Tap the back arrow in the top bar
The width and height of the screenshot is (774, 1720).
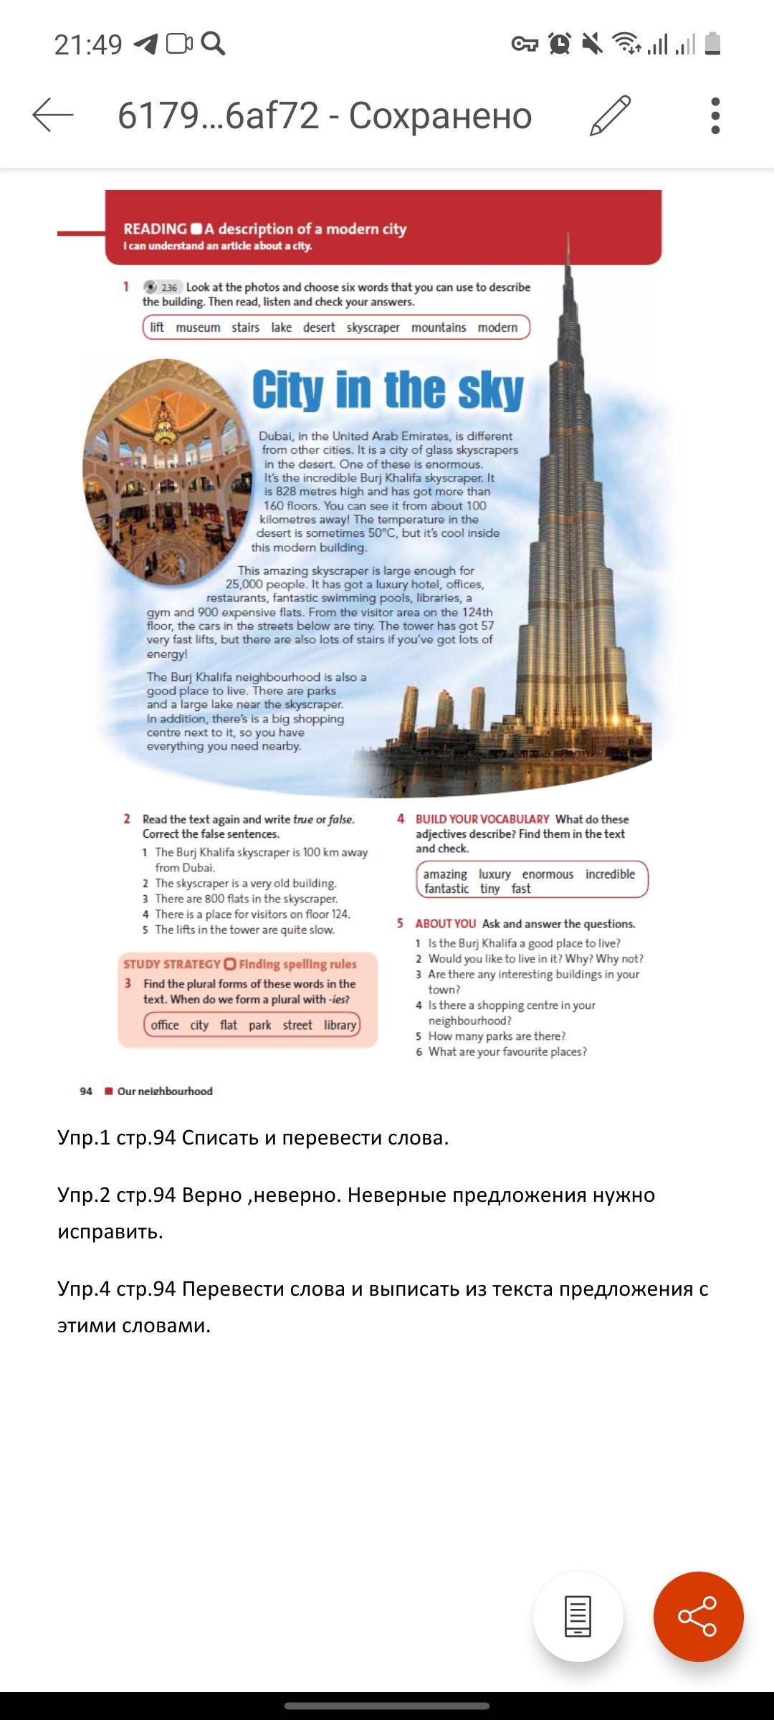click(53, 115)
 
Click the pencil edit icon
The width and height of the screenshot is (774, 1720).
click(610, 115)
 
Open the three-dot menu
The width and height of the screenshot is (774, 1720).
click(715, 115)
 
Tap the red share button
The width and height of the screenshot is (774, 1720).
click(698, 1616)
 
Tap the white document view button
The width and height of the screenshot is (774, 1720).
click(578, 1616)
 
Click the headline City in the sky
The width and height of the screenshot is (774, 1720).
click(388, 391)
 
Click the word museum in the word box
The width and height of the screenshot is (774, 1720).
click(198, 328)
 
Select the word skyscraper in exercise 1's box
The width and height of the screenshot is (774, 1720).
click(373, 328)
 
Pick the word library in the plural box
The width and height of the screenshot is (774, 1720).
click(340, 1025)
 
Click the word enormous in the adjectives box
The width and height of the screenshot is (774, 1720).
click(548, 874)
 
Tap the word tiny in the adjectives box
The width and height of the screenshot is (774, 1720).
click(490, 889)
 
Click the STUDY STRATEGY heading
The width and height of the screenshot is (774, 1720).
click(172, 965)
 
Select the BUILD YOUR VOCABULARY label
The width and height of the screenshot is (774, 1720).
click(482, 819)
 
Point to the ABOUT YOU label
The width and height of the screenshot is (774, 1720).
click(445, 924)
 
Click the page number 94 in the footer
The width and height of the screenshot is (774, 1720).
click(86, 1091)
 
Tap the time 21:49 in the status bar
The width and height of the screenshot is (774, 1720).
click(88, 44)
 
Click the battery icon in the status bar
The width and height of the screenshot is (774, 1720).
click(712, 44)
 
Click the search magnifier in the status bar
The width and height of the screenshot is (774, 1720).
click(213, 44)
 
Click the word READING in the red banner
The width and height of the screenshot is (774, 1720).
click(155, 229)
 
